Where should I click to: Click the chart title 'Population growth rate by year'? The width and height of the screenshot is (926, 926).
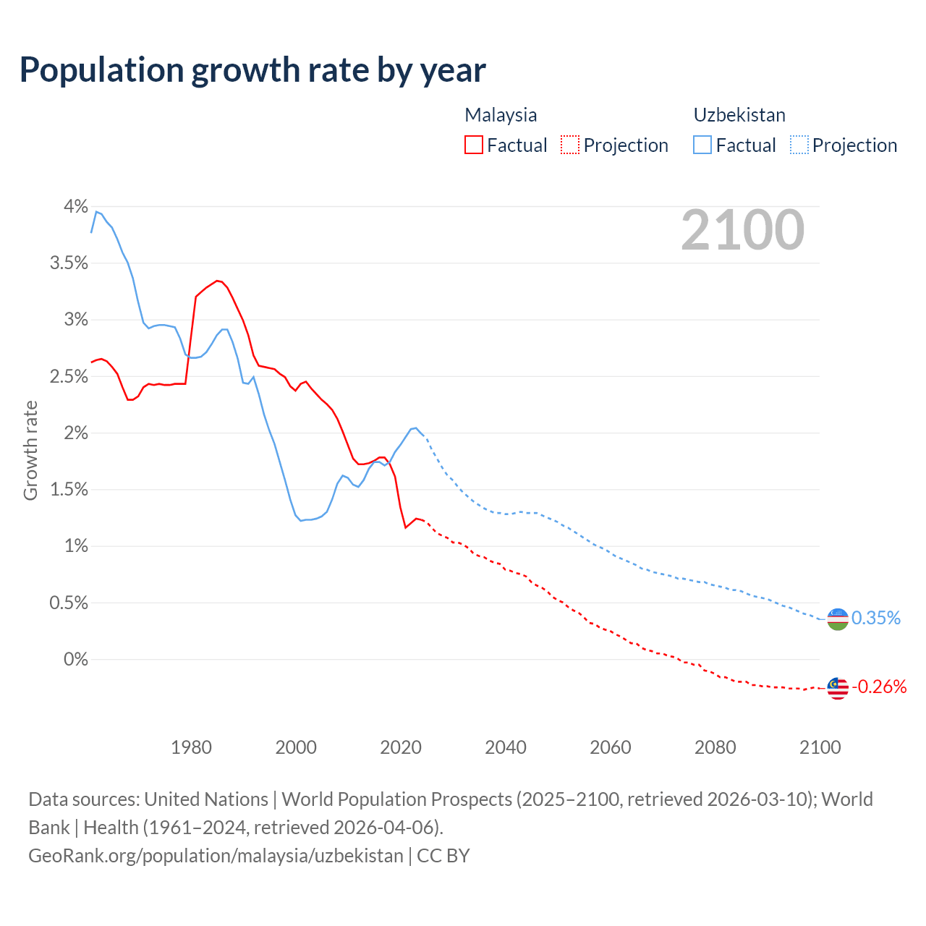coord(252,70)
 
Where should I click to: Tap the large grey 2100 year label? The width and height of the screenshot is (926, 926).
coord(742,230)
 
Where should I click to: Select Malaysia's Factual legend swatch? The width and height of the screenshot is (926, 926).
coord(473,145)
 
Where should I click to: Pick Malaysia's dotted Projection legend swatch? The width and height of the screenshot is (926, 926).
coord(570,145)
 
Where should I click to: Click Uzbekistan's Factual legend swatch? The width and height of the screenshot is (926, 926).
coord(702,145)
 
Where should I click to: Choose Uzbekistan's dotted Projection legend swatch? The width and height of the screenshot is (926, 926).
coord(799,145)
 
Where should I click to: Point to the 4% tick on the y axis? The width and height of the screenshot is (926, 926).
coord(75,207)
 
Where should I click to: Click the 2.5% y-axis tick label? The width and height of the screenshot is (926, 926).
coord(69,377)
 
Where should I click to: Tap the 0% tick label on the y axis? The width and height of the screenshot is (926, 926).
coord(75,659)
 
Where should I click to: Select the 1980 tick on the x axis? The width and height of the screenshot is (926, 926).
coord(191,747)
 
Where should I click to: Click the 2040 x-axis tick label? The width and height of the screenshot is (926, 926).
coord(506,747)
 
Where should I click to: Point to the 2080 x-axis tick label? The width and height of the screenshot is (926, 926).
coord(715,747)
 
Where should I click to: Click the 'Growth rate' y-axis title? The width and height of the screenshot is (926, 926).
coord(30,450)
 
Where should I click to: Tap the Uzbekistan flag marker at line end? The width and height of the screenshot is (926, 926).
coord(837,619)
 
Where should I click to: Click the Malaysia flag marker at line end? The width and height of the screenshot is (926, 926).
coord(837,688)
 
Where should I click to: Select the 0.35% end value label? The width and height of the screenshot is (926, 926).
coord(875,619)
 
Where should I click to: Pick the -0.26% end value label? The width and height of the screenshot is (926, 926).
coord(879,687)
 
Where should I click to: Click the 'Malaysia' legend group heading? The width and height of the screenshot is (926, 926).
coord(501,115)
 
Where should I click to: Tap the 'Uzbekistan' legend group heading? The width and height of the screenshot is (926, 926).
coord(739,115)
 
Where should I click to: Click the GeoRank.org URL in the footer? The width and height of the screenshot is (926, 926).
coord(216,856)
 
